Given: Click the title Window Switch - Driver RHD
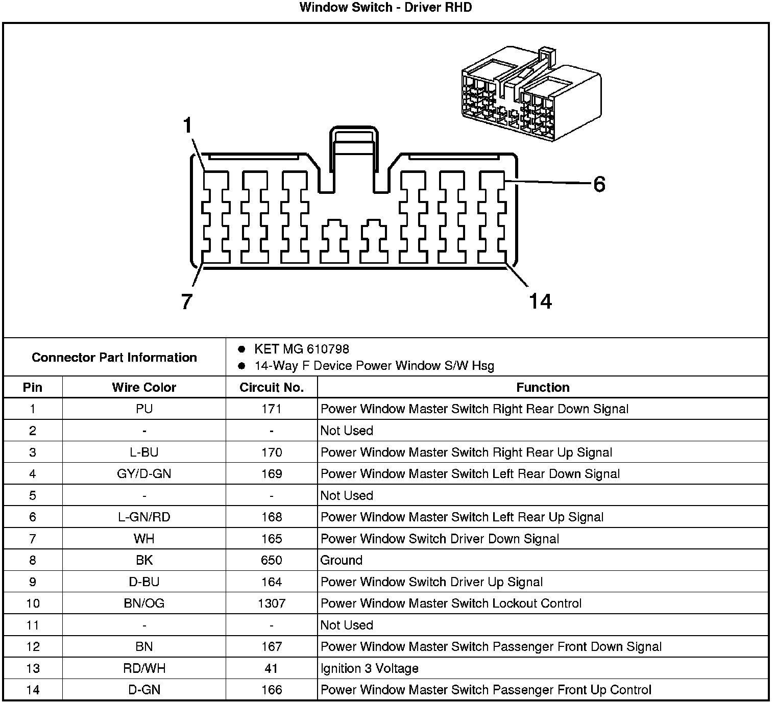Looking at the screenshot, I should tap(385, 8).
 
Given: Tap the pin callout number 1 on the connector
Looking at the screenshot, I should tap(188, 125).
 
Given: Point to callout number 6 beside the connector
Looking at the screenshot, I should tap(599, 184).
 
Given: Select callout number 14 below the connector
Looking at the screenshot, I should tap(540, 301).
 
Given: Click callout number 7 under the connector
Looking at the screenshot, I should tap(187, 301).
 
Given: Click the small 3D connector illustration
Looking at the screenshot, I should tap(531, 94).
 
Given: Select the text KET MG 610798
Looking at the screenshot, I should tap(301, 349).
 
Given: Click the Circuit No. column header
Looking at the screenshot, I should tap(272, 388).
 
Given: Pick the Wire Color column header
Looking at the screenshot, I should tap(144, 388).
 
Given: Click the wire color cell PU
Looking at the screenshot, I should tap(144, 409).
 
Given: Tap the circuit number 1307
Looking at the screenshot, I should tap(272, 604).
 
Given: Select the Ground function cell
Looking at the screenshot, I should tap(341, 560).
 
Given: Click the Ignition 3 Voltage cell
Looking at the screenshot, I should tap(370, 668).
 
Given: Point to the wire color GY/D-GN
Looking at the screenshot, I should tap(144, 474).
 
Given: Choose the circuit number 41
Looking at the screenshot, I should tap(272, 668).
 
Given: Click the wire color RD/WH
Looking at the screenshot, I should tap(144, 668).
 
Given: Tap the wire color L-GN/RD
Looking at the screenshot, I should tap(144, 517).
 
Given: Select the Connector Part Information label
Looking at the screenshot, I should tap(114, 358).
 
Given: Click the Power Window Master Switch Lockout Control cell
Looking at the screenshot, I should tap(451, 604).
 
